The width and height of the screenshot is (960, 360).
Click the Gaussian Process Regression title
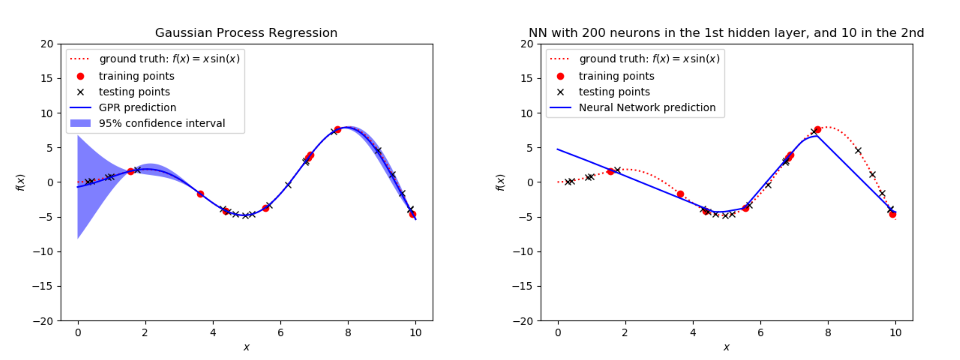[x=246, y=33]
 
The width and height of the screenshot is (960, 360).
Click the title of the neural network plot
[x=726, y=33]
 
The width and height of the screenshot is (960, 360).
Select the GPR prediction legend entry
[x=137, y=107]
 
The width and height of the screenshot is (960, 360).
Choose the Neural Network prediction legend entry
[x=647, y=107]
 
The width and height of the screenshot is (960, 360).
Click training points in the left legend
[x=136, y=76]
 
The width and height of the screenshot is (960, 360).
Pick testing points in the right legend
[x=614, y=92]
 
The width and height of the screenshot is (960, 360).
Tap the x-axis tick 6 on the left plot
[x=280, y=333]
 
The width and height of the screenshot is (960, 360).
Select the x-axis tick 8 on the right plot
[x=828, y=333]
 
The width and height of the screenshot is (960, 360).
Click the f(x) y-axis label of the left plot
[x=20, y=182]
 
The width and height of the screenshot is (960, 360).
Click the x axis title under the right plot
[x=726, y=347]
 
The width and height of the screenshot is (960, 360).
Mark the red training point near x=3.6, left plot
[x=200, y=194]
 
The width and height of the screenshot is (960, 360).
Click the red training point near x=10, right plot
[x=892, y=214]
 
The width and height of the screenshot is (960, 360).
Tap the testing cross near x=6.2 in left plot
[x=288, y=185]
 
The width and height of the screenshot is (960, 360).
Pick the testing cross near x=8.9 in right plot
[x=858, y=150]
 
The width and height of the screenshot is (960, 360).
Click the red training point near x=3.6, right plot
[x=680, y=194]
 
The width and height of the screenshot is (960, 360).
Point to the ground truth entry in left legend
[x=169, y=59]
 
